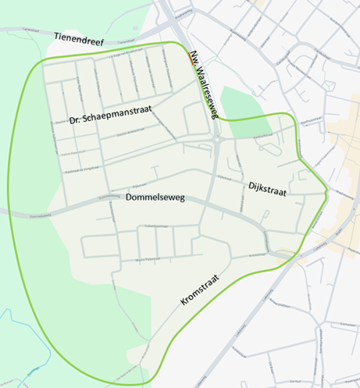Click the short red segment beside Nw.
[191, 53]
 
